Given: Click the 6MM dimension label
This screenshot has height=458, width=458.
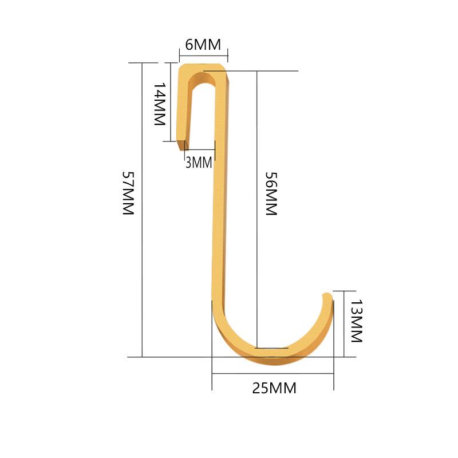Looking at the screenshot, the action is [x=203, y=45].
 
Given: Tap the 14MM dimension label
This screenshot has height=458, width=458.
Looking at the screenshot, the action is [x=160, y=104].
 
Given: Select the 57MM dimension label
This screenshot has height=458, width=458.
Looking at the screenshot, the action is [x=128, y=193].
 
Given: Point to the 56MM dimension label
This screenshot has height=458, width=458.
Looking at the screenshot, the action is [x=271, y=194].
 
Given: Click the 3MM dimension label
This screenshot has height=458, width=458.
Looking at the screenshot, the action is [x=199, y=163].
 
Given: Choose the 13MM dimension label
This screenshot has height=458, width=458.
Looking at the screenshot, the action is [x=356, y=321].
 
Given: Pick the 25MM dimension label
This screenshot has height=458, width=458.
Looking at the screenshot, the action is [x=274, y=388].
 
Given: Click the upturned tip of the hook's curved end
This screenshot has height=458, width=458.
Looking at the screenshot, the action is [x=327, y=295].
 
